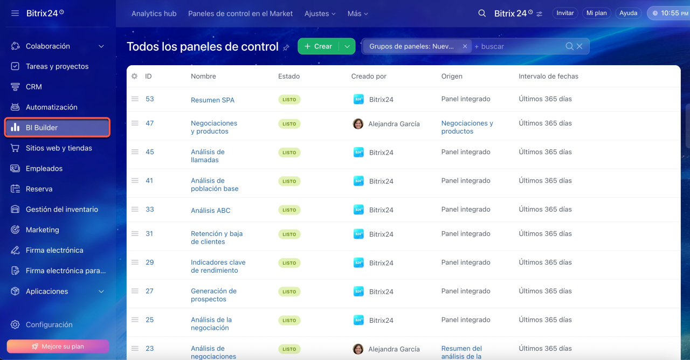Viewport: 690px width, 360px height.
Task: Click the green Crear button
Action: [x=318, y=46]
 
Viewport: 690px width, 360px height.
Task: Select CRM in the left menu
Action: [x=33, y=87]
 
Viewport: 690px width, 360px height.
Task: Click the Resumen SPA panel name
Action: [x=212, y=100]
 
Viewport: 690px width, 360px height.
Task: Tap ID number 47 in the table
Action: [x=149, y=123]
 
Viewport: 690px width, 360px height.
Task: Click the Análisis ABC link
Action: [x=210, y=210]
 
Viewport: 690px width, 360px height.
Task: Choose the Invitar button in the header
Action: [x=565, y=13]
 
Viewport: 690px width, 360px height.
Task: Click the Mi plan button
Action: [x=596, y=13]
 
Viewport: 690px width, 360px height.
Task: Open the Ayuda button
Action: [x=628, y=13]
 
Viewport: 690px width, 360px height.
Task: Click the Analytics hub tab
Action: [x=154, y=13]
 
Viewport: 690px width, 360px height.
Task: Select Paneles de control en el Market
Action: [x=240, y=13]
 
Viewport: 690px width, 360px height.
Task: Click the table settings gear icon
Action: [x=134, y=76]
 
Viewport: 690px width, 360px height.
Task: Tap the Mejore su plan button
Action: [x=58, y=346]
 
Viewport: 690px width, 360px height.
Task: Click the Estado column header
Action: [x=289, y=76]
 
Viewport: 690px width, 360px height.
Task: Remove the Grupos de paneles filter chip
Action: [x=465, y=46]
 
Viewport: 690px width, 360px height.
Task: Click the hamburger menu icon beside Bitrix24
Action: [x=15, y=13]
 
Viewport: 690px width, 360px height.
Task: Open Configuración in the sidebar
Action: [x=49, y=324]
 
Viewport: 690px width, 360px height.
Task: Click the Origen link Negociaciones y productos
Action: [x=467, y=127]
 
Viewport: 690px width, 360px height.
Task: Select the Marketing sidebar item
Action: [x=42, y=230]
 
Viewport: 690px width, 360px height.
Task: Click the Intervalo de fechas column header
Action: [x=548, y=76]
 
